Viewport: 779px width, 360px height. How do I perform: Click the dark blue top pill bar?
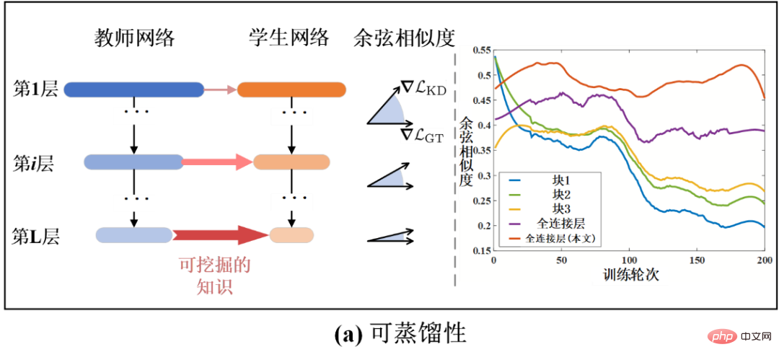coord(133,89)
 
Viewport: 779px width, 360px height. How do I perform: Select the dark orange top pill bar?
coord(291,89)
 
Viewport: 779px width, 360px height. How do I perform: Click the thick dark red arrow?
coord(219,234)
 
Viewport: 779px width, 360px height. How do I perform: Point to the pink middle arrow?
coord(217,162)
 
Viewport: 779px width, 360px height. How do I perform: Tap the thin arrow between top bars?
coord(220,89)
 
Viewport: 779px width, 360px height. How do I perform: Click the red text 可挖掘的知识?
coord(214,276)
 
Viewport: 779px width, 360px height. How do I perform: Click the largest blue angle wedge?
coord(389,112)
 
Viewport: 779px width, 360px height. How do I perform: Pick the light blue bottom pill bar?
coord(133,234)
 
